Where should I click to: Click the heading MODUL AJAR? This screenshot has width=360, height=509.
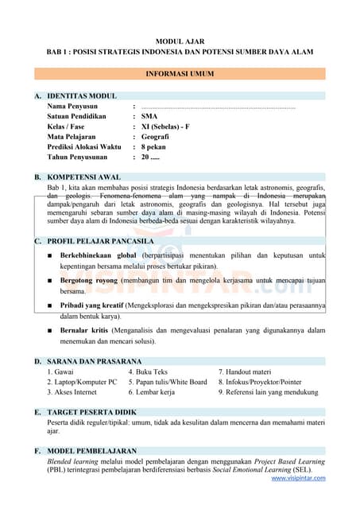(x=180, y=40)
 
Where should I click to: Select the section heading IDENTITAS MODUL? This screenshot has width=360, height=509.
(x=82, y=95)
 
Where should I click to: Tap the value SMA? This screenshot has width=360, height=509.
(x=149, y=116)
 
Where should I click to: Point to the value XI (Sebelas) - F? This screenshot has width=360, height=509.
(x=166, y=126)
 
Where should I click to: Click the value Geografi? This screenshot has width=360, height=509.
(x=155, y=137)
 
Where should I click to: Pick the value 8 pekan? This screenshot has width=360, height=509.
(x=154, y=147)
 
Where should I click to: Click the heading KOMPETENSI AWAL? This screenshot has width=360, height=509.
(x=84, y=177)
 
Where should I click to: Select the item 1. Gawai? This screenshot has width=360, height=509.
(x=61, y=371)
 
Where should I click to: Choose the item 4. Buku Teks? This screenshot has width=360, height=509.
(x=148, y=371)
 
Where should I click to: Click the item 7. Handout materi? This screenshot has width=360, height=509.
(x=245, y=371)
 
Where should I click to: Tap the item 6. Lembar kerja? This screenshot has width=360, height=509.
(x=151, y=392)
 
